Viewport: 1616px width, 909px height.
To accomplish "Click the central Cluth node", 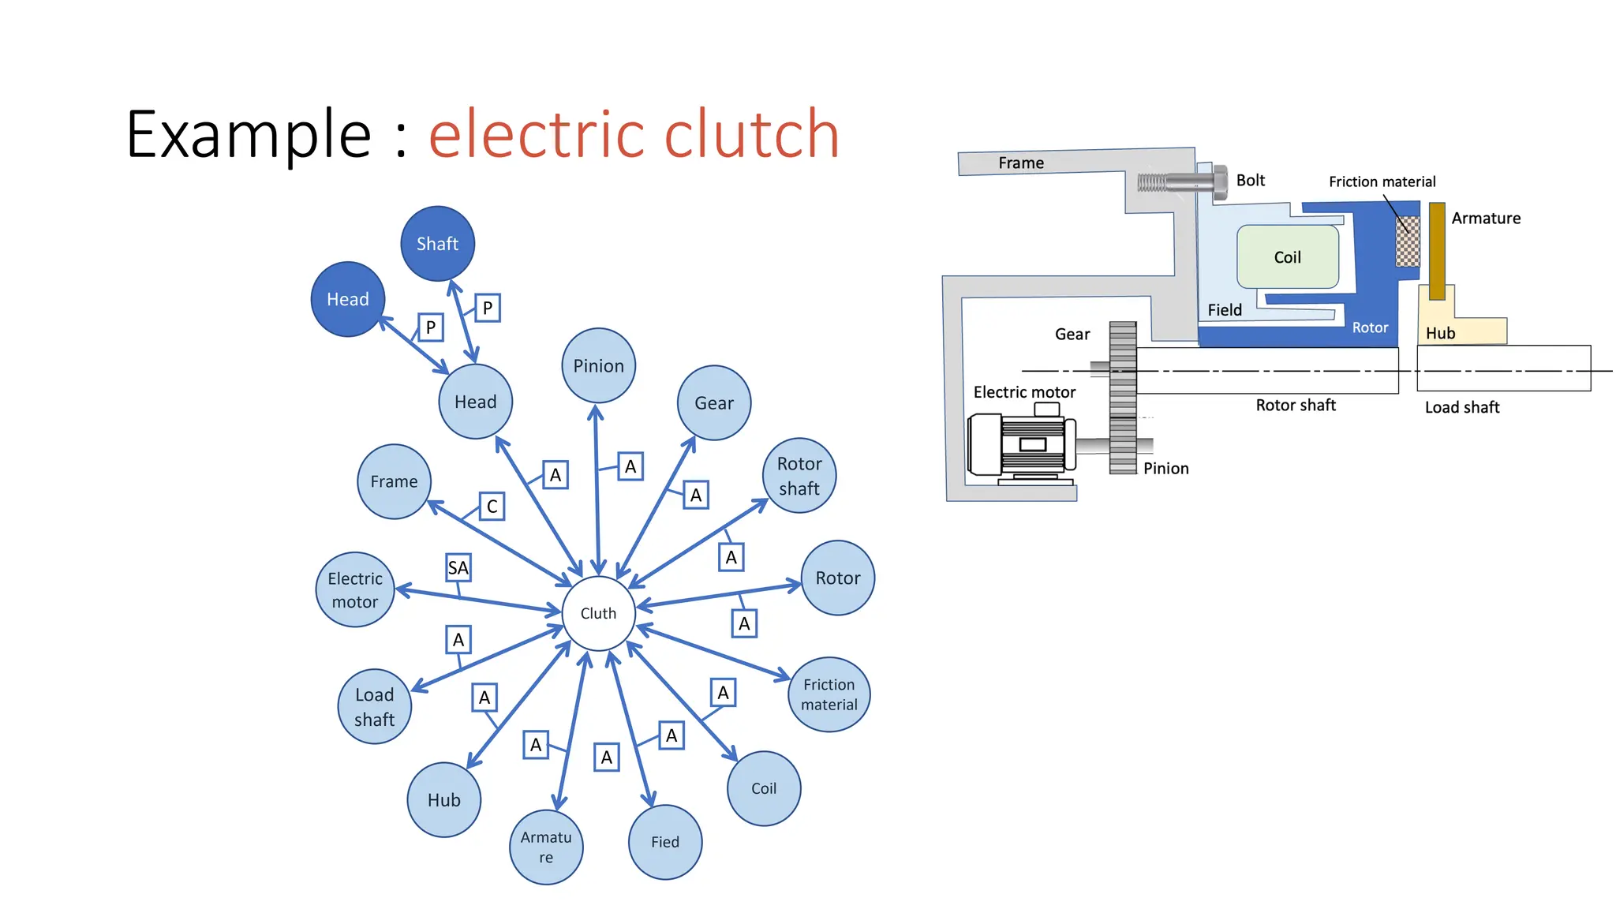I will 598,613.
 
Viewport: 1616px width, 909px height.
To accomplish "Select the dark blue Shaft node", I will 437,244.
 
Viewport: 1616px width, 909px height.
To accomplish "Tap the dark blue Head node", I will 348,299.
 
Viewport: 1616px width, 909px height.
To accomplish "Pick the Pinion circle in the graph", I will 598,365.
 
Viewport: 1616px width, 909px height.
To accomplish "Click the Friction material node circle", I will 829,694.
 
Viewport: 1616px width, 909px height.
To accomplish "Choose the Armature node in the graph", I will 546,847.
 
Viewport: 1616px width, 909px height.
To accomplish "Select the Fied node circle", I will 664,842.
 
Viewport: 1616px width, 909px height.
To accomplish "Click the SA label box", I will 458,567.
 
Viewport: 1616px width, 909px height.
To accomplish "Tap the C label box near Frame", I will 492,506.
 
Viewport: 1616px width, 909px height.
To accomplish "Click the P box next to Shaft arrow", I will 487,308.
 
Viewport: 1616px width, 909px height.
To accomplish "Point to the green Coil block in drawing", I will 1287,257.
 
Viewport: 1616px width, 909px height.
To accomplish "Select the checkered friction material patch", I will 1407,241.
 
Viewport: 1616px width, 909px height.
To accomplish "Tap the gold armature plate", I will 1437,251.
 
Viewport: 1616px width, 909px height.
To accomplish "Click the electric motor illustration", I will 1022,446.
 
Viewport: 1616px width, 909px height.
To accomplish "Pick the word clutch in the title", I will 751,134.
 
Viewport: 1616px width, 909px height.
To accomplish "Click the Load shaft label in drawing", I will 1461,407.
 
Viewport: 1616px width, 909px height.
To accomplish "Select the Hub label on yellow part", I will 1440,333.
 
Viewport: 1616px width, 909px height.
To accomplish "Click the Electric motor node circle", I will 355,589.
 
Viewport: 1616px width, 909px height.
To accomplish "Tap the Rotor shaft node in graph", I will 799,476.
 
